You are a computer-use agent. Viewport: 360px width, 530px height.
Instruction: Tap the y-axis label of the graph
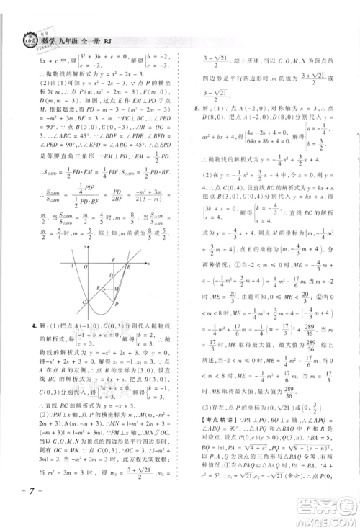(84, 246)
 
